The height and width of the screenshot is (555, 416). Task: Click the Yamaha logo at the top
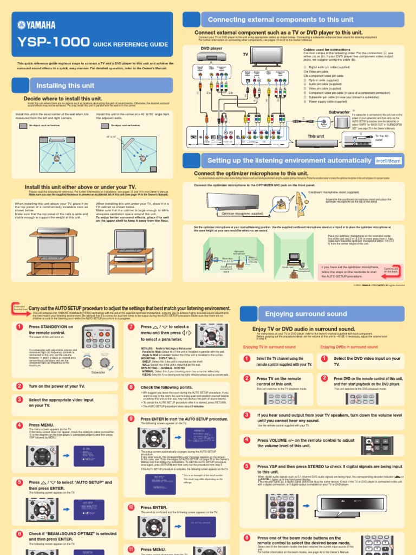click(37, 24)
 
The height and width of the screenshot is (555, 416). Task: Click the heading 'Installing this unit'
click(66, 86)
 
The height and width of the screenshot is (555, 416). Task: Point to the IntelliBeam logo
click(388, 160)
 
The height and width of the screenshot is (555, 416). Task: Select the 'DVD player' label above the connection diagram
click(211, 48)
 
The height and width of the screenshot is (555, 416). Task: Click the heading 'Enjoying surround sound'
click(305, 314)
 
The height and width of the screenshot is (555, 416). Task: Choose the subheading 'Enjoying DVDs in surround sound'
click(349, 347)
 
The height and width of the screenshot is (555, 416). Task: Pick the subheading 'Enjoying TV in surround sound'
click(269, 347)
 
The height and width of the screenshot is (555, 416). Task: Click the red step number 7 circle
click(131, 327)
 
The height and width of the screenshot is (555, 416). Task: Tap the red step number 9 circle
click(131, 419)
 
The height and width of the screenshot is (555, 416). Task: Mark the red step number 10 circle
click(131, 492)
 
